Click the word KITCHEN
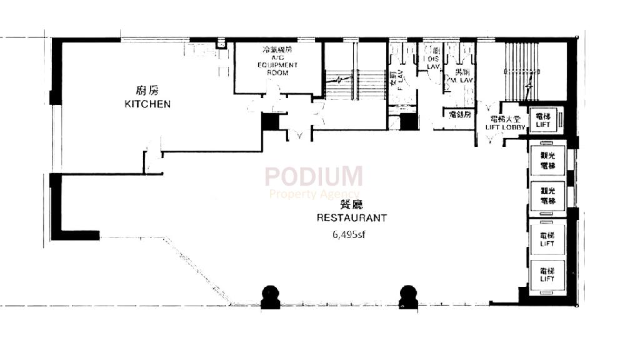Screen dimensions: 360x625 tap(147, 104)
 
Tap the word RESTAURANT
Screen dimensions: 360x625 tap(351, 218)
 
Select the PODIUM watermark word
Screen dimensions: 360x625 tap(313, 177)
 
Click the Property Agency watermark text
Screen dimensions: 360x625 tap(314, 194)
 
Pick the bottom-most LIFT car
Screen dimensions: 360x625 tap(547, 275)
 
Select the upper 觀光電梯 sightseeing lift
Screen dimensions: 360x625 tap(547, 161)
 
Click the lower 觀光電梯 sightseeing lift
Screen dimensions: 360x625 tap(547, 196)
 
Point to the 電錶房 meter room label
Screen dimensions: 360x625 tap(459, 114)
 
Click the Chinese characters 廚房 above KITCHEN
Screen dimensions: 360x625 tap(146, 89)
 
